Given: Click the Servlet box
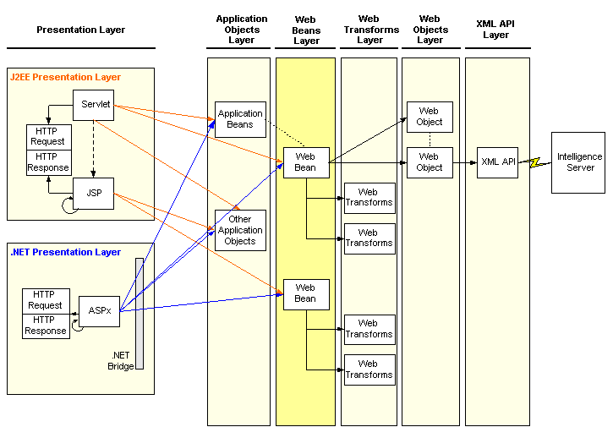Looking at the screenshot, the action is pos(94,105).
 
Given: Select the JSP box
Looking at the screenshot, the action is pos(94,194).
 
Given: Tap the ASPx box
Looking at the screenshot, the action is pos(99,311).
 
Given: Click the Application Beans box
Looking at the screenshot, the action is pos(240,120).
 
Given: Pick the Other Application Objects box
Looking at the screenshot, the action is pos(240,230).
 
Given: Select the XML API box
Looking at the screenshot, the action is pos(497,162).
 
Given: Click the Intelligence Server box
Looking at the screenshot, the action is pos(578,162).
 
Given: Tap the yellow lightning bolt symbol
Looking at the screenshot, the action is pos(535,162).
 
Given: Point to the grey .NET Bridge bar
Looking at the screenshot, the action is pos(140,314).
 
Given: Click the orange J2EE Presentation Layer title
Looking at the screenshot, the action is pos(65,77).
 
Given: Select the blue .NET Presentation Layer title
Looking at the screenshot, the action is pos(65,252).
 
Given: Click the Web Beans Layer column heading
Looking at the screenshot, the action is pos(306,30).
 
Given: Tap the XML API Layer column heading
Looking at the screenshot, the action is pos(495,30).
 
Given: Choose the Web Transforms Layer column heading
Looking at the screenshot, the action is pos(371,30).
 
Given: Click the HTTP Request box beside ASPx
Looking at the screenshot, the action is pos(47,301).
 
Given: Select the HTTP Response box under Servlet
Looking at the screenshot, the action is pos(49,162).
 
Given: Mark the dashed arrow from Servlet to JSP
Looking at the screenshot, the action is pos(94,149).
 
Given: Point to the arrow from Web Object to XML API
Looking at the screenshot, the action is pos(465,162).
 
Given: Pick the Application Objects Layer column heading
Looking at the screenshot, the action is pos(242,30).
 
